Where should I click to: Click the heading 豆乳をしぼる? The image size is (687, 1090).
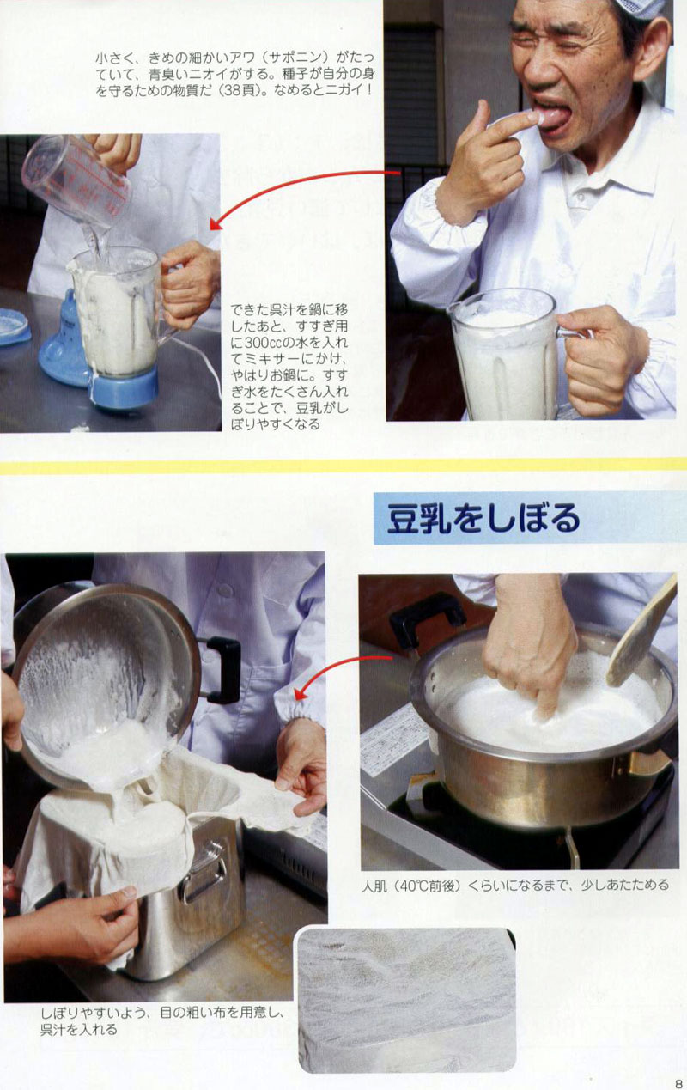click(x=483, y=518)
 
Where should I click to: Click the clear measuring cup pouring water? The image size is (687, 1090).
click(x=77, y=182)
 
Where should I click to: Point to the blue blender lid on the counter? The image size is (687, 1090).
click(x=14, y=327)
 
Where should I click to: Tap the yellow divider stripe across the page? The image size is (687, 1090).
click(x=343, y=466)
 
